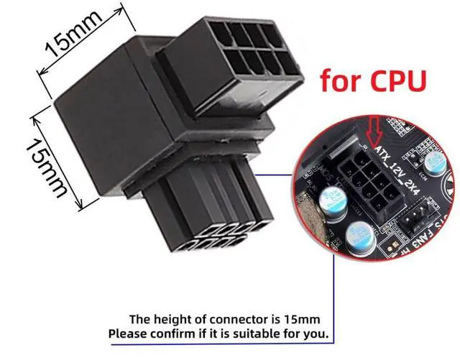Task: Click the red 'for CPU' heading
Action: coord(374,79)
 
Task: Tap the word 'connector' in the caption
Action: coord(241,318)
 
